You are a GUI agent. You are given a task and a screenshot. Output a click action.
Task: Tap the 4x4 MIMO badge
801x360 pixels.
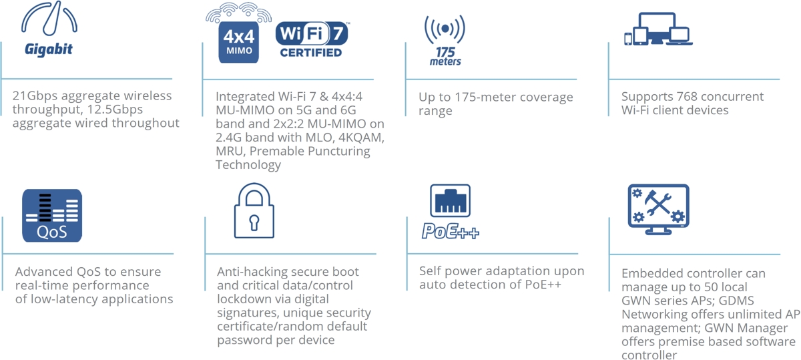238,42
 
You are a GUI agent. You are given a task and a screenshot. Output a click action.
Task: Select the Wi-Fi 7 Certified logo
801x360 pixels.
312,39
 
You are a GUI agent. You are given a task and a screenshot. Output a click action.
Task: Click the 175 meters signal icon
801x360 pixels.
445,40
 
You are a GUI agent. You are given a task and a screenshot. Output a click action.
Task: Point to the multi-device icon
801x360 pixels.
658,29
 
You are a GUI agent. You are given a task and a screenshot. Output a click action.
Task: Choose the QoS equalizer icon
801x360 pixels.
52,216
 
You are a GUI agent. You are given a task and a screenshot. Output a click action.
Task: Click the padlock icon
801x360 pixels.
254,210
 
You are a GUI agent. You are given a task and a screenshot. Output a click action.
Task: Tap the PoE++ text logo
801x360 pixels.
450,231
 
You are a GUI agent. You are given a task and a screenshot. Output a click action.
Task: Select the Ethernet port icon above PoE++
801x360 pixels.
450,200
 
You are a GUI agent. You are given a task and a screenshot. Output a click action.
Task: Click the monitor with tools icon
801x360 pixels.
659,209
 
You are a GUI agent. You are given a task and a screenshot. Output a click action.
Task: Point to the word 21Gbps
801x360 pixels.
35,96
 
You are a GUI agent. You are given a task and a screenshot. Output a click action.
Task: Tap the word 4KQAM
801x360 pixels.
362,138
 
